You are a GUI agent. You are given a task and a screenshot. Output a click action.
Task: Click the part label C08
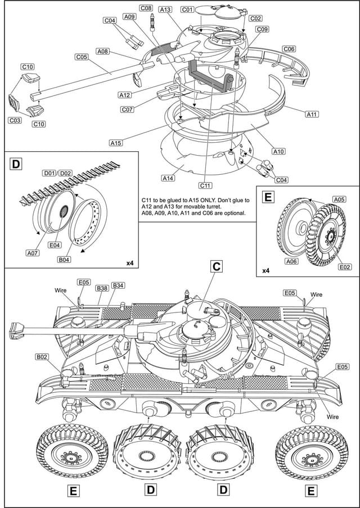click(x=146, y=8)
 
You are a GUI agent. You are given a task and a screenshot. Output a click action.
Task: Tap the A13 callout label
click(x=165, y=10)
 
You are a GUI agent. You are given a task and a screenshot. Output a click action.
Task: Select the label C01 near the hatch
click(x=187, y=10)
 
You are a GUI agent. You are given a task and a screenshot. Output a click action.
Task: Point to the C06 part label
click(x=289, y=49)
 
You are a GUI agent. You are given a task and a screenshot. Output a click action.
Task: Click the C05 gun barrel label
click(x=82, y=56)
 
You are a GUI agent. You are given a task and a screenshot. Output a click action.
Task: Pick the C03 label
click(x=15, y=120)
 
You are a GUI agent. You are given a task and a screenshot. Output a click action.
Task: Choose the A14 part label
click(x=168, y=178)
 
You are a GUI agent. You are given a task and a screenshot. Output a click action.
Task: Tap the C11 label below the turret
click(x=205, y=185)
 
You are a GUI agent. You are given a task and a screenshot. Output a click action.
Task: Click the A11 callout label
click(x=312, y=114)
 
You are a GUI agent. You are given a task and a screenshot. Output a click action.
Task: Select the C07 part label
click(x=127, y=109)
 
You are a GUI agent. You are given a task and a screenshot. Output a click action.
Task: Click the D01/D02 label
click(x=57, y=173)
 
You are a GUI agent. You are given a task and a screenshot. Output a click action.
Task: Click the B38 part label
click(x=102, y=287)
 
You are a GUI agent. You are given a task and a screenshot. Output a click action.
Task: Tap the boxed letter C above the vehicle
click(x=215, y=266)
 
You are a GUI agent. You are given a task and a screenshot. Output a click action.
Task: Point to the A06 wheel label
click(x=292, y=261)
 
